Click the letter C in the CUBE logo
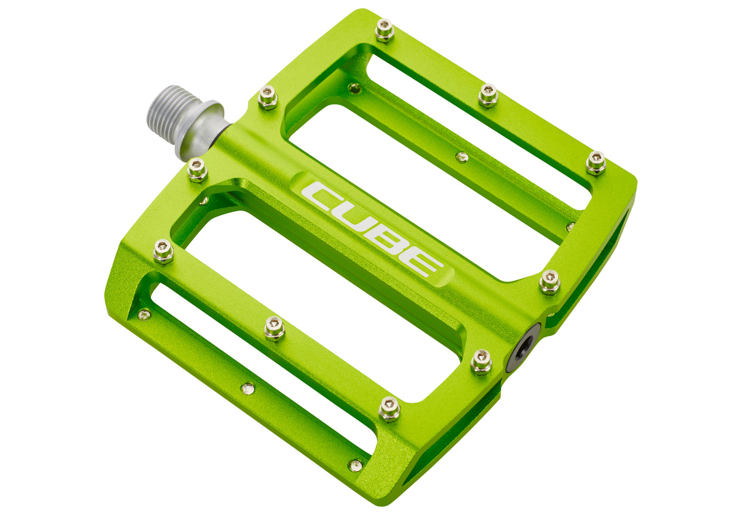click(x=324, y=196)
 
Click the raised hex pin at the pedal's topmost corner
click(x=385, y=31)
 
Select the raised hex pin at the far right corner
click(x=596, y=163)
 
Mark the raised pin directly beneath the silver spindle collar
click(x=197, y=170)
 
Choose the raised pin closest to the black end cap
click(x=481, y=361)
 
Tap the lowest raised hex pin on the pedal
click(x=389, y=409)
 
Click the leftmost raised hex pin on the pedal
click(x=163, y=251)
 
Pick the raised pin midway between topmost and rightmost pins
click(x=488, y=96)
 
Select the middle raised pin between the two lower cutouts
click(x=274, y=328)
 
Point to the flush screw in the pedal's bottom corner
click(x=356, y=465)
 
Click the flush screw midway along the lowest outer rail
click(x=248, y=389)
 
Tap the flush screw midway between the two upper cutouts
click(x=462, y=156)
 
